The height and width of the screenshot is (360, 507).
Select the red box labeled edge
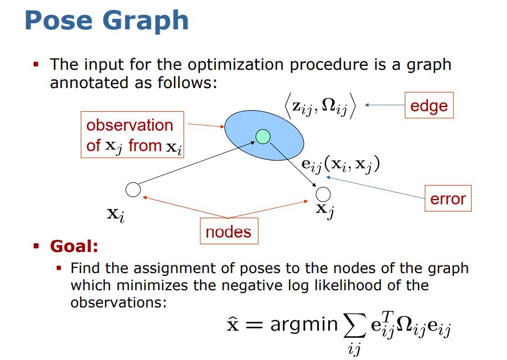tap(428, 105)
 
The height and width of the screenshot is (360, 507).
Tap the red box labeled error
tap(448, 199)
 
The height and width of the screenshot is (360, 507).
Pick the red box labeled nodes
tap(229, 232)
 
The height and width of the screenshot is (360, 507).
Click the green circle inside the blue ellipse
tap(263, 136)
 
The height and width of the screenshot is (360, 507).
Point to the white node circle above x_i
tap(133, 190)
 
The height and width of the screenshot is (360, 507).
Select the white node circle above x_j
tap(323, 194)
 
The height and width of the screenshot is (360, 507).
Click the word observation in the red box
tap(129, 125)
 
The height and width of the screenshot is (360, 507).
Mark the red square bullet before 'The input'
tap(36, 65)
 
